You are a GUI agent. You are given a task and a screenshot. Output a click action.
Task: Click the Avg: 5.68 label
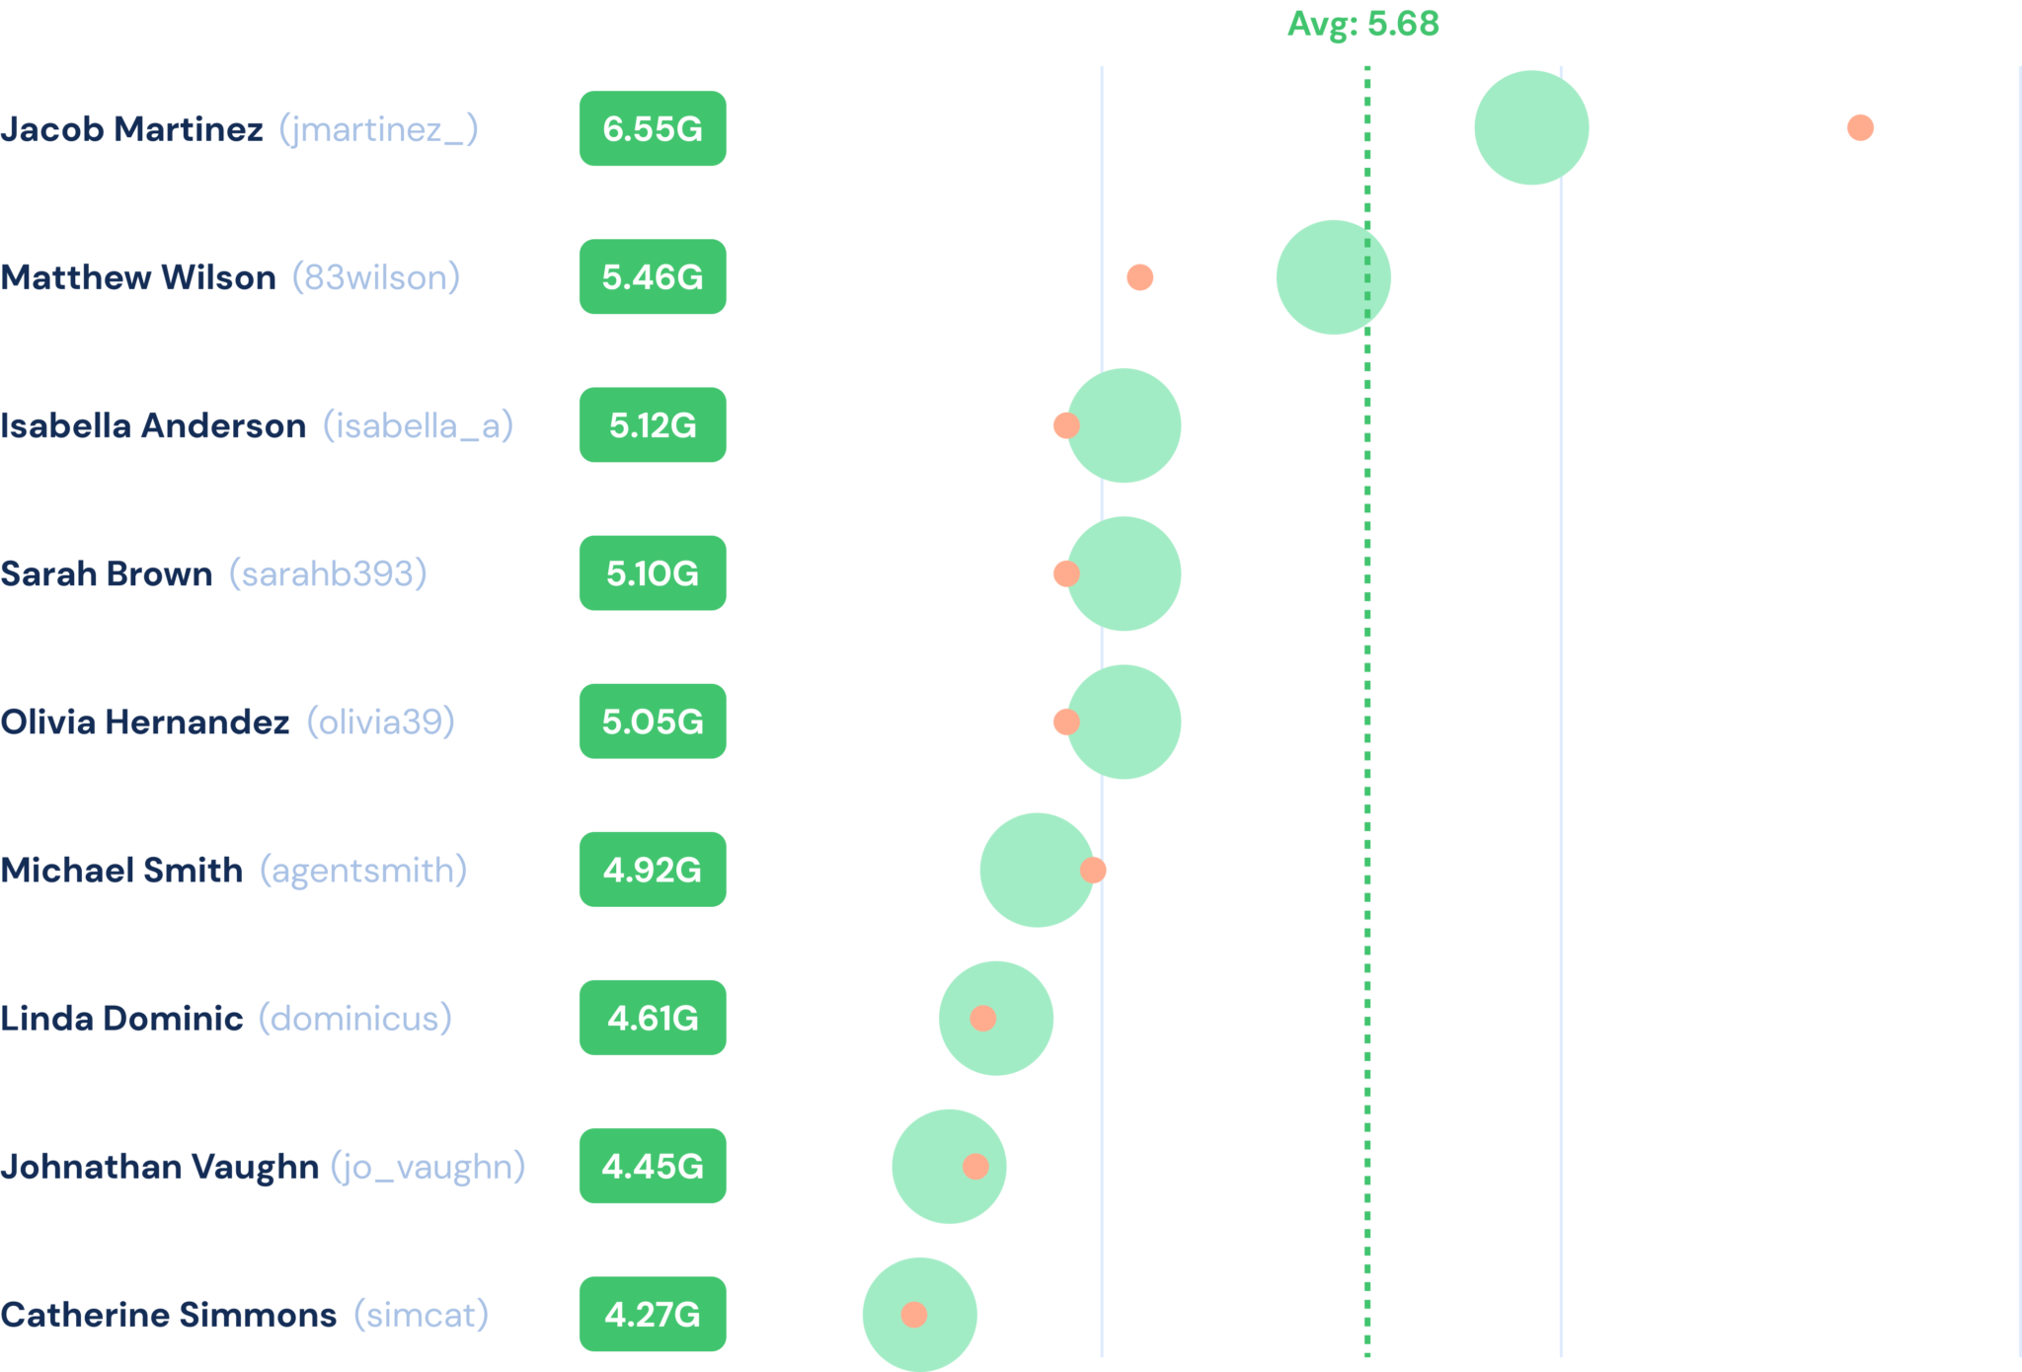(x=1363, y=24)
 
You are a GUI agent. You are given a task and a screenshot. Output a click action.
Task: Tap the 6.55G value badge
(x=653, y=128)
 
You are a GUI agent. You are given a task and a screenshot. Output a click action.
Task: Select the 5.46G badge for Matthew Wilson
(x=653, y=276)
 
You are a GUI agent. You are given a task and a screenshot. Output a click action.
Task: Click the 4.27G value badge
(x=653, y=1314)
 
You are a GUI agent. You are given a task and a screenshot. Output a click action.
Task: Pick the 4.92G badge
(x=653, y=870)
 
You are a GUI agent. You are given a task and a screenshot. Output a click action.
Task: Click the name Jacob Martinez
(x=131, y=129)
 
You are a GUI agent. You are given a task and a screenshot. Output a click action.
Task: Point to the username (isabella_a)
(x=419, y=425)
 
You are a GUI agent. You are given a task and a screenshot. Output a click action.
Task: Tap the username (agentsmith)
(x=363, y=871)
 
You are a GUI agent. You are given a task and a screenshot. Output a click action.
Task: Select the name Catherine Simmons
(x=169, y=1315)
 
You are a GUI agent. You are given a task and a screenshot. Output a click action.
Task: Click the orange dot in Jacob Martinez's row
(x=1860, y=127)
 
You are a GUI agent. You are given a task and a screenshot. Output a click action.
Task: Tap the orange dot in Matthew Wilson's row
(x=1139, y=277)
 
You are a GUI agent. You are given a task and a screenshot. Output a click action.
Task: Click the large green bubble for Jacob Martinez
(x=1531, y=127)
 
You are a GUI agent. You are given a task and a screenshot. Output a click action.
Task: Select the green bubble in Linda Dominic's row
(x=996, y=1018)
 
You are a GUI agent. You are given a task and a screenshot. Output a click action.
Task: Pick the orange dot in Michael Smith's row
(x=1093, y=870)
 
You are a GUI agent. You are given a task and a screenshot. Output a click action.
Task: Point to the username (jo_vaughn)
(x=428, y=1167)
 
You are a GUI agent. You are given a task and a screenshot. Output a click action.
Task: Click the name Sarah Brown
(x=107, y=573)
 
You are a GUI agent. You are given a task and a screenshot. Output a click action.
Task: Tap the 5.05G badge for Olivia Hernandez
(x=653, y=722)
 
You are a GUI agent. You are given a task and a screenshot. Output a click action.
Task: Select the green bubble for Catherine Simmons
(x=920, y=1315)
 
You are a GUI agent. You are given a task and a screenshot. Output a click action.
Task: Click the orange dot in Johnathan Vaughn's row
(x=975, y=1167)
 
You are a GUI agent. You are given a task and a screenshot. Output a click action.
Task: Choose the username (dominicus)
(x=355, y=1019)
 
